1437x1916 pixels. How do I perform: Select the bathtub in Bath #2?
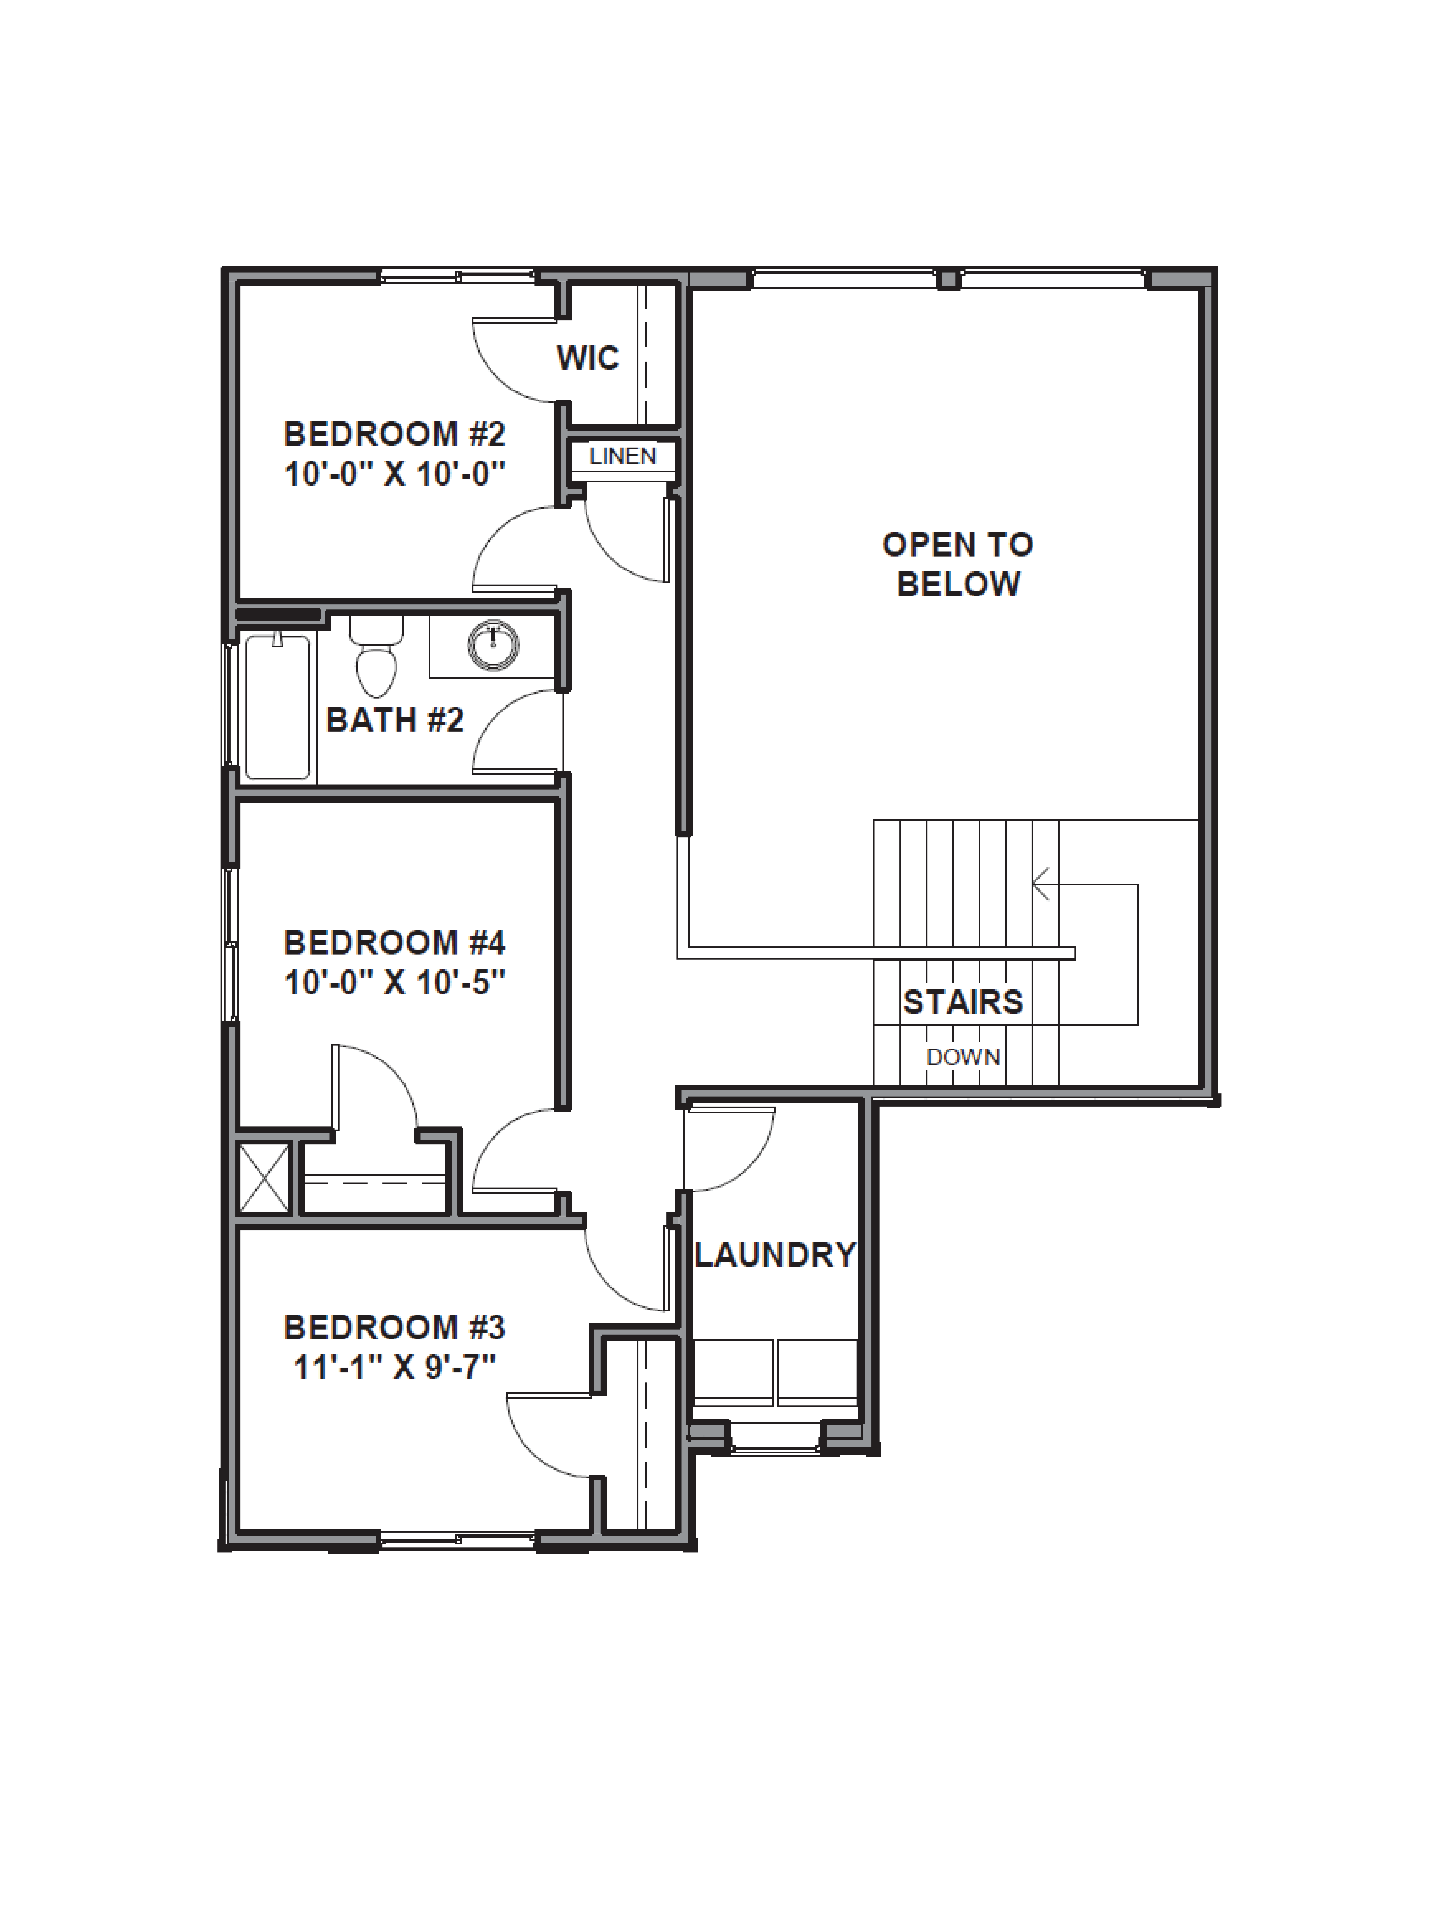(x=277, y=707)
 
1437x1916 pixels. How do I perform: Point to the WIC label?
(x=587, y=358)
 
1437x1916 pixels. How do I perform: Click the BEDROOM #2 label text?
(x=394, y=433)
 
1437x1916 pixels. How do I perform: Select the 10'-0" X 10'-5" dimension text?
(x=394, y=982)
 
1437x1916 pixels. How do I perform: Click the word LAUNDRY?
(x=774, y=1255)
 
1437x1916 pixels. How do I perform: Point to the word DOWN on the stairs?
(x=963, y=1057)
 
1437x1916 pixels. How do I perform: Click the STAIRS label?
(x=963, y=1002)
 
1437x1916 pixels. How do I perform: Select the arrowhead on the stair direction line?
(x=1039, y=884)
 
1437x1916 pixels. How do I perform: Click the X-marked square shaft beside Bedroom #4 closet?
(x=264, y=1178)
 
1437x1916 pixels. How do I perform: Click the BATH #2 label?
(x=394, y=720)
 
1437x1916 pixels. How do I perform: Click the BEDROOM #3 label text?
(x=394, y=1327)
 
